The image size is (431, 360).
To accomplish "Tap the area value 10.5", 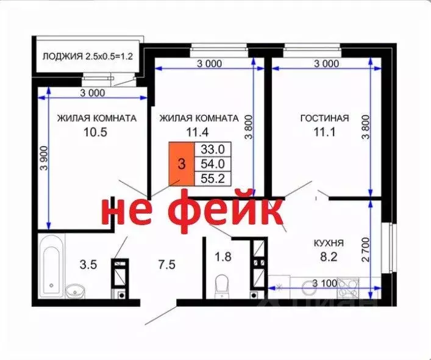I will tap(96, 132).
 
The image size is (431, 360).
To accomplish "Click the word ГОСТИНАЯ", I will tap(324, 118).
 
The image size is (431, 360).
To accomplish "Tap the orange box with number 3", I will tap(181, 164).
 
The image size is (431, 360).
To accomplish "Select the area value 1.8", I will tap(224, 257).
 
